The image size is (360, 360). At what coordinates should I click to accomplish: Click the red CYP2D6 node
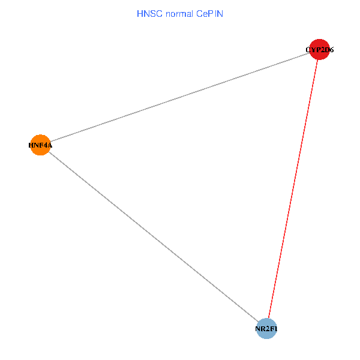[x=319, y=49]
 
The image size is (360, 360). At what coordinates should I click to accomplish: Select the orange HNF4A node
[x=40, y=145]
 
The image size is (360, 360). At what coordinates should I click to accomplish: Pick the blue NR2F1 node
[x=266, y=329]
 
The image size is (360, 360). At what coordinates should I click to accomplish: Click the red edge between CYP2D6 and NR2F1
[x=293, y=189]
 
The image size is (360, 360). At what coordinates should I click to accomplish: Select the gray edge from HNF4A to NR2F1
[x=153, y=236]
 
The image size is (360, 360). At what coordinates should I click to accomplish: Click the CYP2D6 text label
[x=319, y=50]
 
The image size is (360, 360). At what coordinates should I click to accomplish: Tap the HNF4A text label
[x=40, y=145]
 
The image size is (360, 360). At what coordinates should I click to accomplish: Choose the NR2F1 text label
[x=266, y=329]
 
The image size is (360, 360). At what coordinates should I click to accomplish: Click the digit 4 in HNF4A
[x=46, y=145]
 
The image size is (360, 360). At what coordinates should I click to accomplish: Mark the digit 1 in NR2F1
[x=275, y=329]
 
